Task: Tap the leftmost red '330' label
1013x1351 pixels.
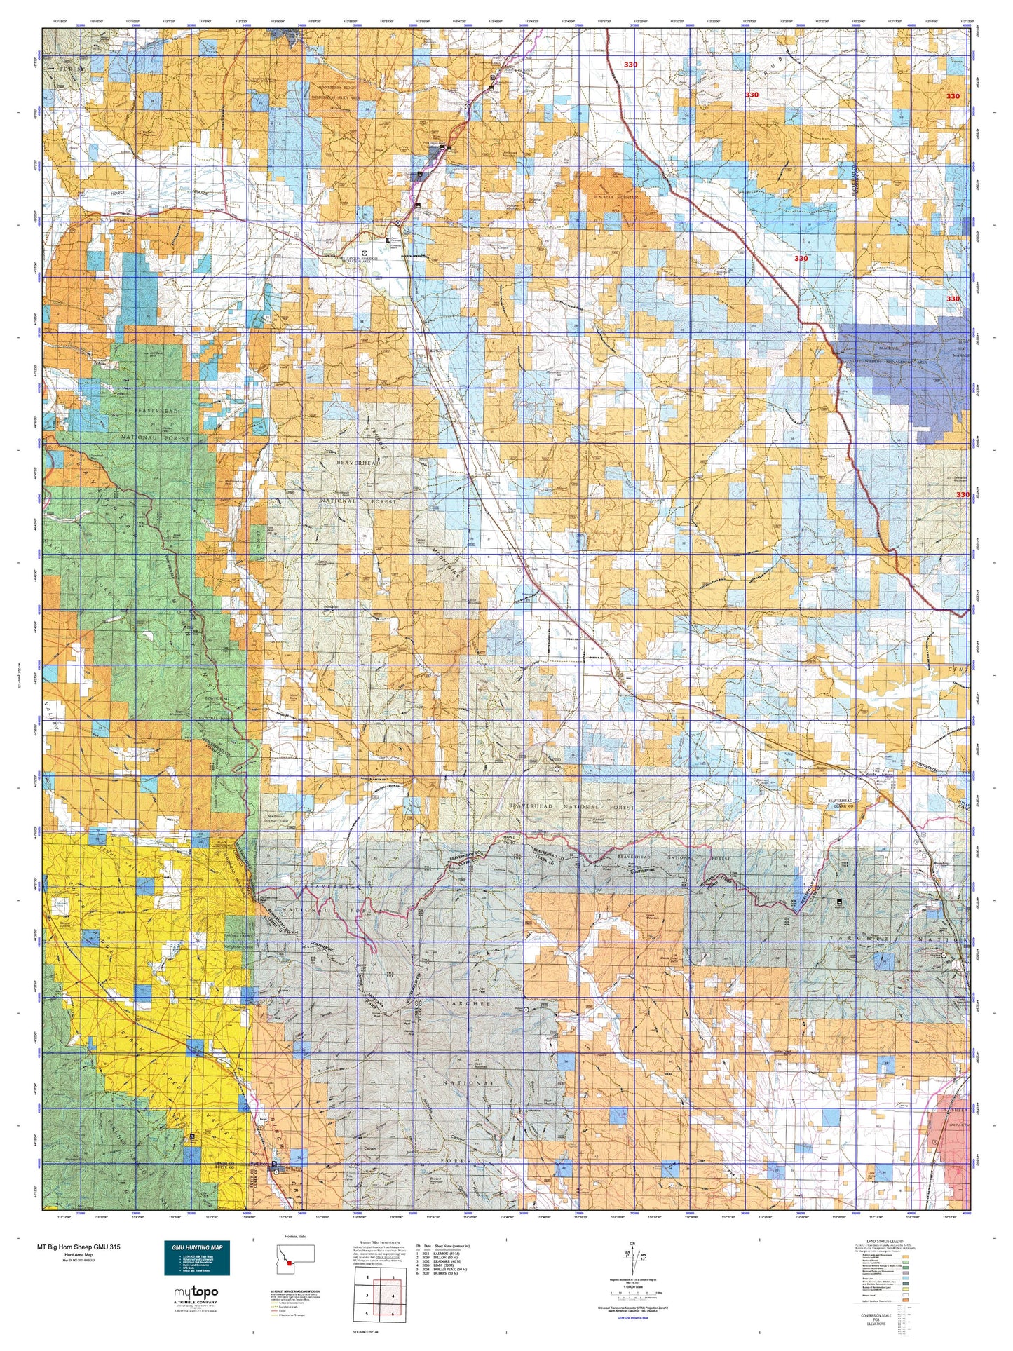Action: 630,65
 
